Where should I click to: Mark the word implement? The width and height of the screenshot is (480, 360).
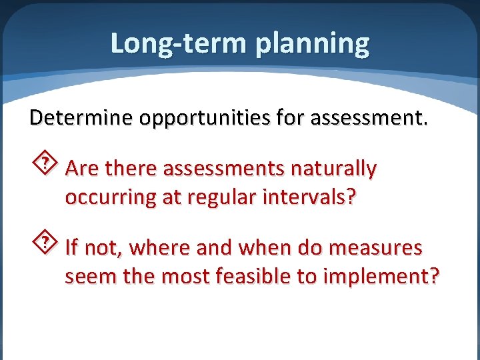click(381, 277)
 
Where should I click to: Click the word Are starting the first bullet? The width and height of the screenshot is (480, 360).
click(82, 169)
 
